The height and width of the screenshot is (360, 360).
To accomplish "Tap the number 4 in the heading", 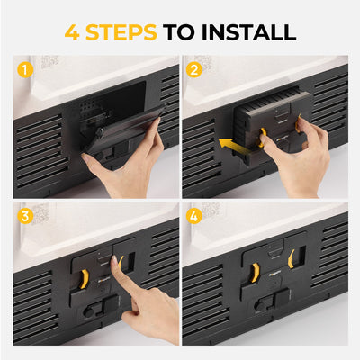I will (72, 32).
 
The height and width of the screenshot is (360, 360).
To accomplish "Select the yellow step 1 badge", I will (24, 68).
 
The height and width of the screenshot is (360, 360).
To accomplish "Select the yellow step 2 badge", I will (193, 68).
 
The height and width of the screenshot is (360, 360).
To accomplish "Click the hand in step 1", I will (121, 166).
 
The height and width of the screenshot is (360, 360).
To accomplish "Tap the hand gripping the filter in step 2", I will (288, 153).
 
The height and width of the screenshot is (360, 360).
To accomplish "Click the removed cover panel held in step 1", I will (126, 130).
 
